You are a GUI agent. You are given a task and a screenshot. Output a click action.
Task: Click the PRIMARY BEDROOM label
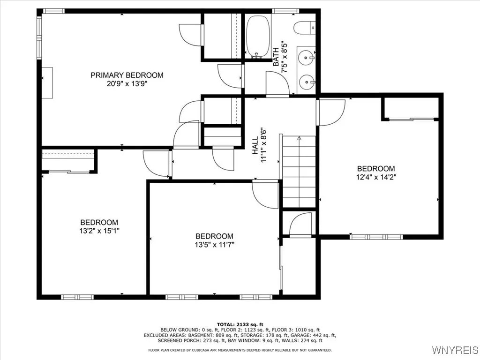[x=127, y=75]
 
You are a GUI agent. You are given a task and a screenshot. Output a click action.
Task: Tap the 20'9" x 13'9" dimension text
[x=127, y=84]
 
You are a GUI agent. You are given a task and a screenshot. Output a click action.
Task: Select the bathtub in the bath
[x=258, y=37]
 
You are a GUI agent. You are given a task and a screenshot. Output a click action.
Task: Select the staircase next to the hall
[x=299, y=171]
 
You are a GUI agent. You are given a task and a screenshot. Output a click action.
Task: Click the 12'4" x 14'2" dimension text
[x=376, y=177]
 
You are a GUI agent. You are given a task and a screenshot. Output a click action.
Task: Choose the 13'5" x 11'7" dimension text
[x=214, y=244]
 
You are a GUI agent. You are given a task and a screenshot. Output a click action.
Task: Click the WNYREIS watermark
[x=455, y=350]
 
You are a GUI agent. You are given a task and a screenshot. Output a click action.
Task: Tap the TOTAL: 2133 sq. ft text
[x=240, y=324]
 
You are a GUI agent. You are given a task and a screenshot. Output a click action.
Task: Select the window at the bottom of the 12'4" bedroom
[x=376, y=237]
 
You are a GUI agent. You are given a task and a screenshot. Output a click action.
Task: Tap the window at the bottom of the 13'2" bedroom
[x=77, y=297]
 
